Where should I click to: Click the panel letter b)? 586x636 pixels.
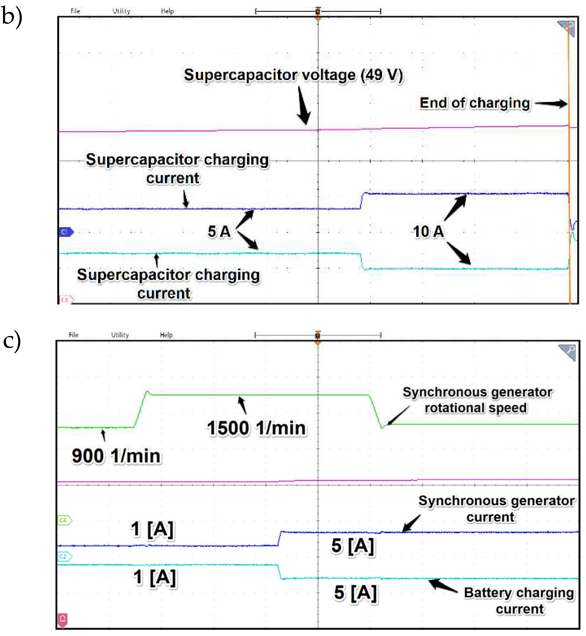click(x=12, y=16)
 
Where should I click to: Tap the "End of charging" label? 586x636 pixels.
click(x=475, y=103)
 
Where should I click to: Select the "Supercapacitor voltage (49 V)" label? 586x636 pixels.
click(x=293, y=75)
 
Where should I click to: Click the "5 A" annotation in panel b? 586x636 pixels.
click(x=219, y=232)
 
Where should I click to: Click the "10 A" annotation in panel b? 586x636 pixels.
click(x=428, y=232)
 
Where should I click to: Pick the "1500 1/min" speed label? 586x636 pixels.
click(x=256, y=428)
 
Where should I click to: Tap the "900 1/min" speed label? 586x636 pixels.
click(x=116, y=456)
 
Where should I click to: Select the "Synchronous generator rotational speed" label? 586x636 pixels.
click(x=477, y=400)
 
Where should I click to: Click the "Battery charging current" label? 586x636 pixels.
click(x=519, y=601)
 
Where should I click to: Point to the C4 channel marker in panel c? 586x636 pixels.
click(x=64, y=520)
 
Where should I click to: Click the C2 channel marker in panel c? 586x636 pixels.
click(x=64, y=556)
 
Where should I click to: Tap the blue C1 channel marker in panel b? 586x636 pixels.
click(x=66, y=232)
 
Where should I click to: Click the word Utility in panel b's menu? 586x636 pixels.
click(x=121, y=11)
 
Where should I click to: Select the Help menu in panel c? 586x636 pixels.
click(x=166, y=335)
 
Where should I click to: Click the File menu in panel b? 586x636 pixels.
click(x=75, y=11)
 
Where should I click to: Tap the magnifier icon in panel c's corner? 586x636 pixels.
click(x=568, y=352)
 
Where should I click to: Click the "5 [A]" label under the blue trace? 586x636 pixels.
click(x=353, y=546)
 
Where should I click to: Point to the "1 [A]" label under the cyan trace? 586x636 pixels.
click(x=155, y=577)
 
